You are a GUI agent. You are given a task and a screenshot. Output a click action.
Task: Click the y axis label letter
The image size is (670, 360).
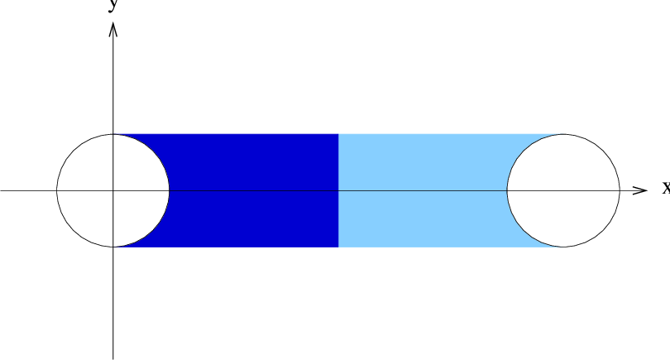pos(112,4)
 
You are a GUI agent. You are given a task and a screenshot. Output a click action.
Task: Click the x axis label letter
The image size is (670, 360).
pos(666,188)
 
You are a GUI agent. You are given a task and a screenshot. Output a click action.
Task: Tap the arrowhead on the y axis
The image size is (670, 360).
pos(112,29)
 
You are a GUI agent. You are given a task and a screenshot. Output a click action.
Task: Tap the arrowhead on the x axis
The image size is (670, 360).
pos(639,190)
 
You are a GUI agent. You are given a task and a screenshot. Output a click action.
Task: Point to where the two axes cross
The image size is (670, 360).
pos(112,190)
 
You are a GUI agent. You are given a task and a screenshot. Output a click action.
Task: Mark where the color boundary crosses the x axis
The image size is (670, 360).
pos(338,190)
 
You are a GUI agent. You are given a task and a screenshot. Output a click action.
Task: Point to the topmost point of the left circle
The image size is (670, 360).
pos(112,134)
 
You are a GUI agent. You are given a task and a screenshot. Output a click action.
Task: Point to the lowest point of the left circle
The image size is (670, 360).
pos(112,247)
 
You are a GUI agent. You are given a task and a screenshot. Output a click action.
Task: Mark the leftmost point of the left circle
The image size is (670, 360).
pos(57,190)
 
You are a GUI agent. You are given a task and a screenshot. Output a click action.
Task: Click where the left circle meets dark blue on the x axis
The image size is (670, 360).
pos(170,190)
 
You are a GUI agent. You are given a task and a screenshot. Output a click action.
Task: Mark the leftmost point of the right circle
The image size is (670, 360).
pos(507,190)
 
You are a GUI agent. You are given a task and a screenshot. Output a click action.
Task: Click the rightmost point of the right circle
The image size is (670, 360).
pos(620,190)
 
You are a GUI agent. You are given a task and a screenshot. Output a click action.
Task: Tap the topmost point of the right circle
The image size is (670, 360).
pos(563,134)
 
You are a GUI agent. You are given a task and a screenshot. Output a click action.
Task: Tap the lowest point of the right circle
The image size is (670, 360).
pos(563,247)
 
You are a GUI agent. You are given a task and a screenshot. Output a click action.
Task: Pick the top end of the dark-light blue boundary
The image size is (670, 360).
pos(338,134)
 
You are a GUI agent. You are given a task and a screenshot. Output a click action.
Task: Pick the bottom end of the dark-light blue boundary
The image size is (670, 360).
pos(338,247)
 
